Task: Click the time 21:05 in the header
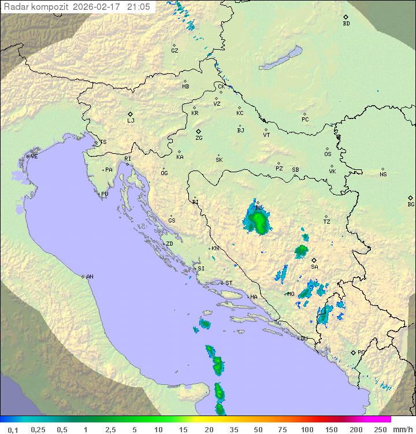point(139,7)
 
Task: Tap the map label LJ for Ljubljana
point(131,120)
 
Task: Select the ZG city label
point(199,138)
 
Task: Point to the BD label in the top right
point(346,24)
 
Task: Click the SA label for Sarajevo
point(314,266)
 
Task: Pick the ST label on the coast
point(229,283)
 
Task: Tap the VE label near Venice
point(34,157)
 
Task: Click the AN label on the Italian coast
point(90,277)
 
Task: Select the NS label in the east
point(383,174)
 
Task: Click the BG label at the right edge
point(411,204)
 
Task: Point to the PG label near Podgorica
point(361,352)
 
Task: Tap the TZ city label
point(327,221)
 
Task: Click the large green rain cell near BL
point(259,222)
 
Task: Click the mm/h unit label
point(403,429)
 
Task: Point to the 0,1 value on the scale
point(13,429)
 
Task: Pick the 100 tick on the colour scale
point(307,429)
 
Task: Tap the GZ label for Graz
point(174,50)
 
